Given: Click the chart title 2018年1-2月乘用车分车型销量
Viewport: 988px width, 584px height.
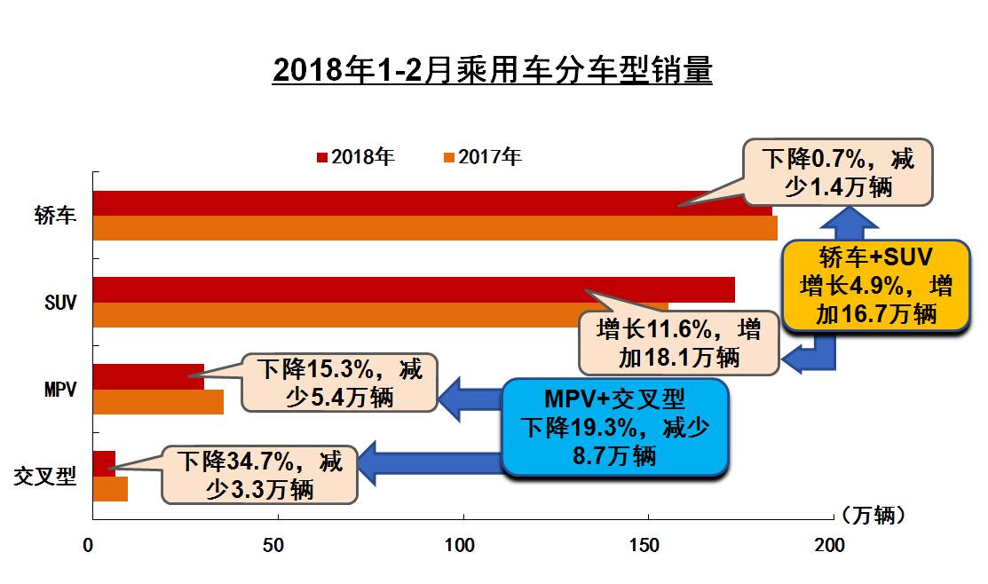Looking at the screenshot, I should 493,70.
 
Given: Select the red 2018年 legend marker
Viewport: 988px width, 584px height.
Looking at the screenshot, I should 321,158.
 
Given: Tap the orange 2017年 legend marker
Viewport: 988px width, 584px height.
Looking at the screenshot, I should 449,158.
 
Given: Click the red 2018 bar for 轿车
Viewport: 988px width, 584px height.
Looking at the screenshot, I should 399,203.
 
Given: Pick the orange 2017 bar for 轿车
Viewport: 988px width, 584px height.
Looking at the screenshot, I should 399,228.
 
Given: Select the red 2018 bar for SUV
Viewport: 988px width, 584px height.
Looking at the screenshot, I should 355,289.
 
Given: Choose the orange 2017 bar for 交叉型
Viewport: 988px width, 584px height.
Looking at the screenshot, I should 110,489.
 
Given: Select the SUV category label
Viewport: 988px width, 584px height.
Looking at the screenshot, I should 60,303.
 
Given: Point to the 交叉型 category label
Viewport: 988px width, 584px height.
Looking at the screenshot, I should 44,477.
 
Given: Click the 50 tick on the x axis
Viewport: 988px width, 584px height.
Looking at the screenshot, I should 274,544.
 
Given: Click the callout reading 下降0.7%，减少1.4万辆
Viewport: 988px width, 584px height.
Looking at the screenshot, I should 837,173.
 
